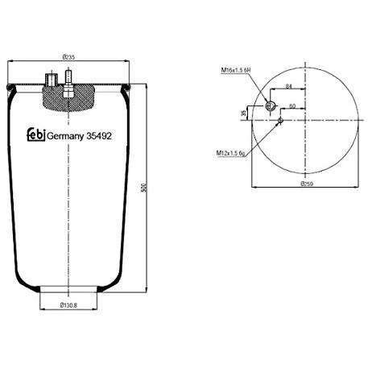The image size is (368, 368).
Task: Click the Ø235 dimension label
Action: click(68, 57)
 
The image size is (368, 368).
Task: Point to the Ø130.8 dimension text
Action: click(68, 305)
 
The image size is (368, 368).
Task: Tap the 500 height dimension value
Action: click(144, 188)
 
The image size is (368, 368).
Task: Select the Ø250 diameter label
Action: click(307, 184)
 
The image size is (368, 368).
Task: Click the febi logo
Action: click(36, 134)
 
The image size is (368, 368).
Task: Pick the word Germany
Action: click(65, 136)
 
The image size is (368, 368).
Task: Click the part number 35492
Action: click(99, 136)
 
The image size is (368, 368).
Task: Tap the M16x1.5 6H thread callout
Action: click(236, 70)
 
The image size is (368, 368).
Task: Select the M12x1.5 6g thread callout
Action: click(231, 153)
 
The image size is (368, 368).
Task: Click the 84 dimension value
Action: click(288, 86)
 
